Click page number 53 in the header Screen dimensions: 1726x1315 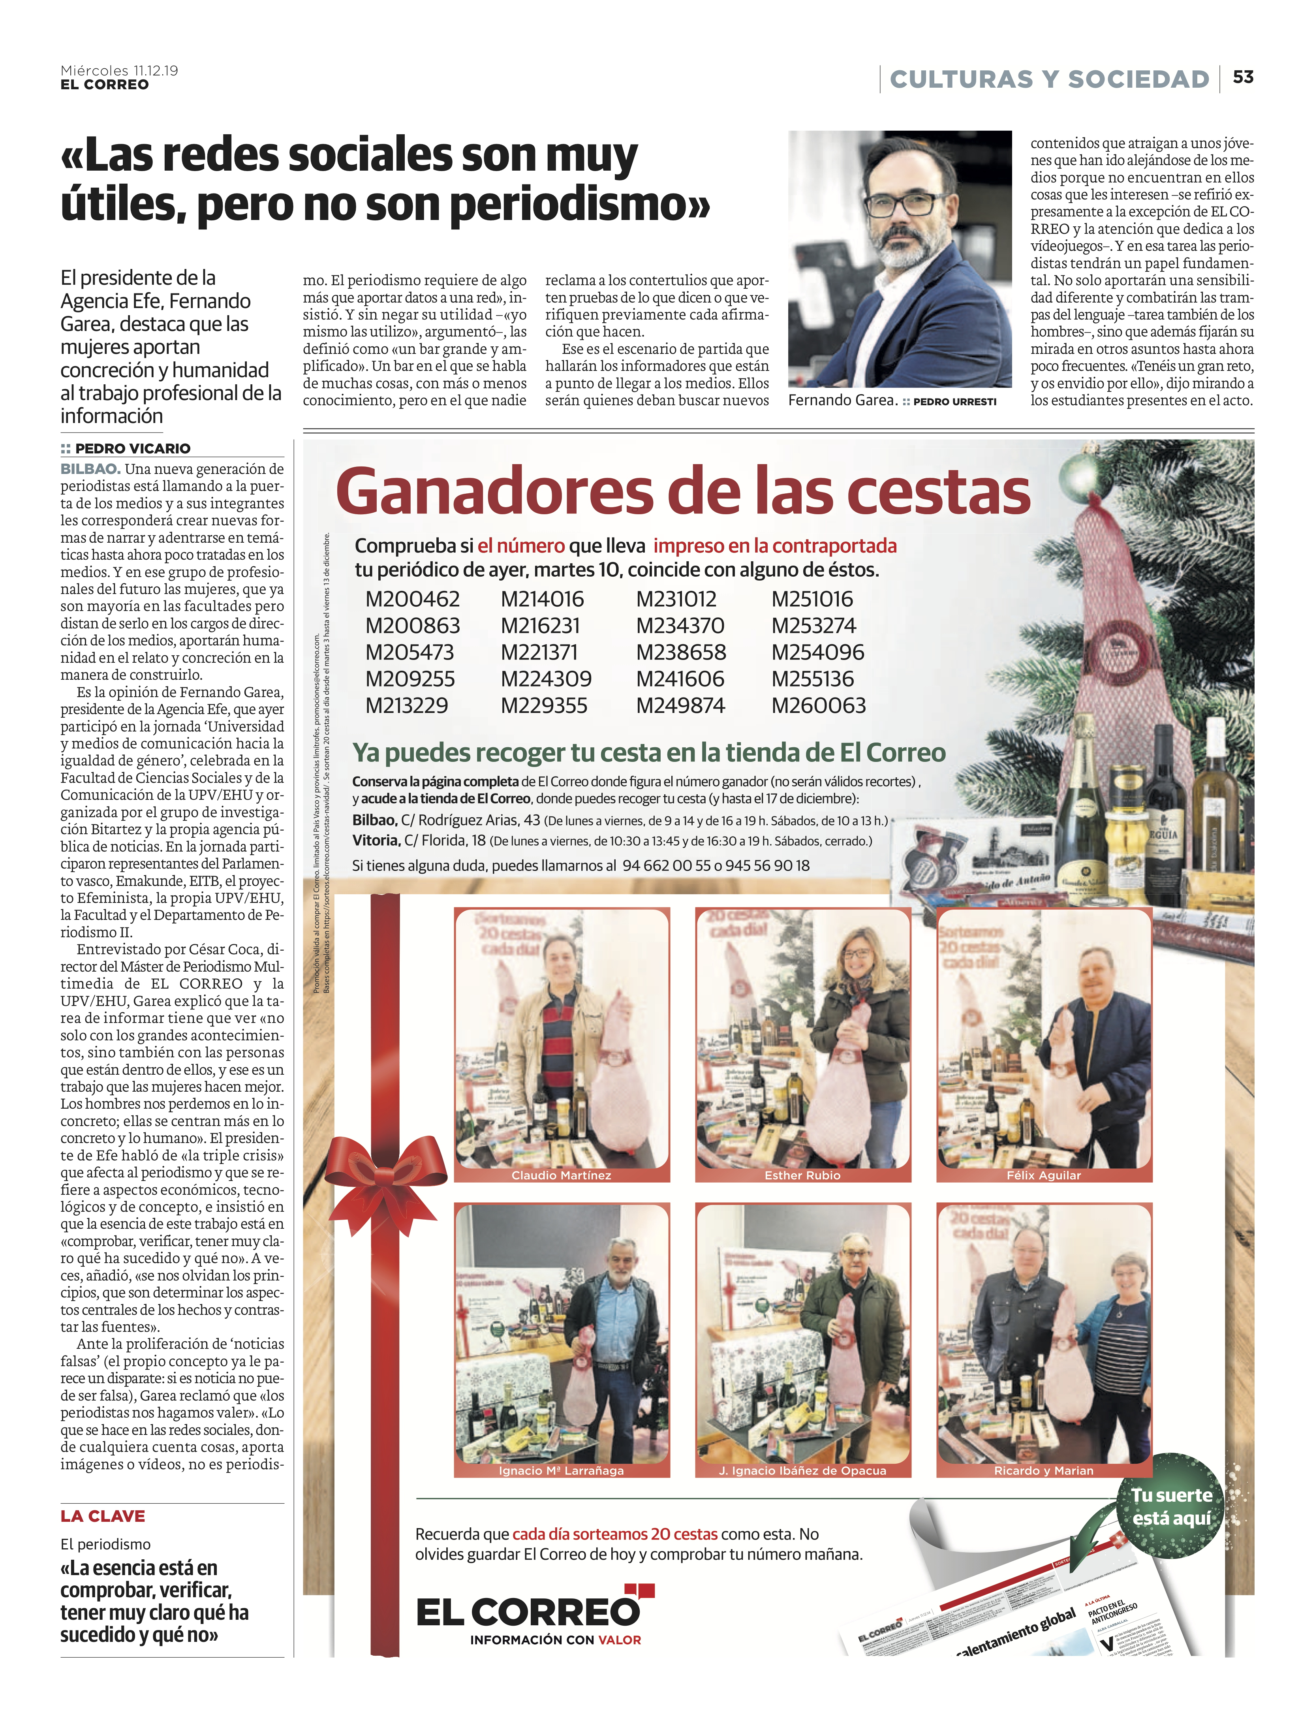coord(1243,77)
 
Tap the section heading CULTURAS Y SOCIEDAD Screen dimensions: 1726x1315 coord(1049,79)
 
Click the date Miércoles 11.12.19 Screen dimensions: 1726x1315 coord(119,70)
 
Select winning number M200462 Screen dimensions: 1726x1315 coord(413,600)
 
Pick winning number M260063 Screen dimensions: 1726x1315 coord(819,706)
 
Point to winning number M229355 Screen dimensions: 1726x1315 coord(544,706)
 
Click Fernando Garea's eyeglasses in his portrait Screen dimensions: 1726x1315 coord(902,203)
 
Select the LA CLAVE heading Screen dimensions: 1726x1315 coord(103,1516)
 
